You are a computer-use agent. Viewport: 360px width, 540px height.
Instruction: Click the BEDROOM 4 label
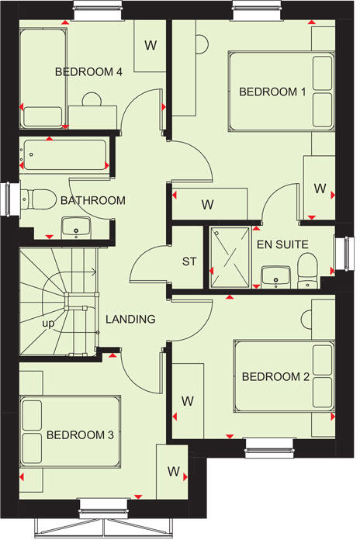point(89,72)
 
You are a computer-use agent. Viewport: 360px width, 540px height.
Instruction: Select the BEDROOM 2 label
point(275,377)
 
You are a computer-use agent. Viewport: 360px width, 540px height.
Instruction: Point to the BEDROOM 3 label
point(80,435)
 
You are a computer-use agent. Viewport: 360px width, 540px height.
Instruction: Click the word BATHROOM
point(92,201)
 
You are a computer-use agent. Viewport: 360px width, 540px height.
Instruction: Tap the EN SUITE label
point(282,244)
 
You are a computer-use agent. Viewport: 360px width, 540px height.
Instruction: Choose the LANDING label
point(130,319)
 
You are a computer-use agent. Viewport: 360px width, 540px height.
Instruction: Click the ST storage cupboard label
point(189,261)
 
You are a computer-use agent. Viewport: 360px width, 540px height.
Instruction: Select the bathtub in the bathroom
point(64,155)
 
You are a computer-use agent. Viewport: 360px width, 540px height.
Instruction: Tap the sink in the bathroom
point(77,227)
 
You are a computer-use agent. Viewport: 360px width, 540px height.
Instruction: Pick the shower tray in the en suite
point(229,256)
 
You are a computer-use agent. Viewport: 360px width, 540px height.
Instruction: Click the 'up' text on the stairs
point(47,324)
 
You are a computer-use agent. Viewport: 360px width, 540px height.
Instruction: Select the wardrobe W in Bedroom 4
point(150,45)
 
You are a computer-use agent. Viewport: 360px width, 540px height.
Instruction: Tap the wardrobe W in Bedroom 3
point(173,472)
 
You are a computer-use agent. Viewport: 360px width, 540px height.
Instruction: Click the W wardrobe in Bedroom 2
point(187,401)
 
